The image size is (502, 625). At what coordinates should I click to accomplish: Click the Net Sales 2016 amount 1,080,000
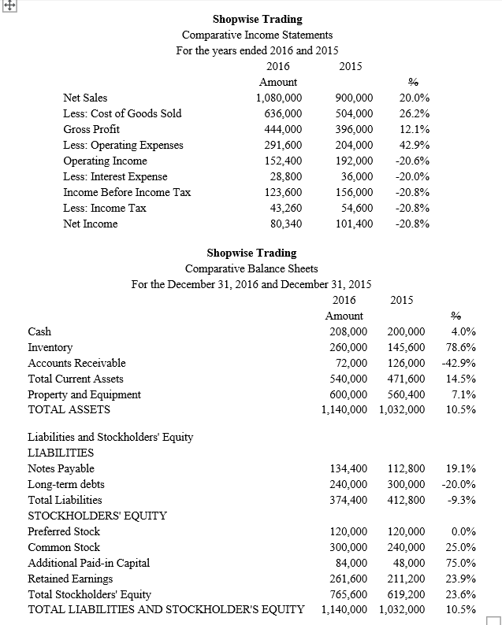tap(279, 98)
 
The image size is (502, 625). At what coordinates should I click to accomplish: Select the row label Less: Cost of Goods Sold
tap(122, 113)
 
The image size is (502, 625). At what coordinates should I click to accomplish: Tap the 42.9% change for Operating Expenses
tap(415, 145)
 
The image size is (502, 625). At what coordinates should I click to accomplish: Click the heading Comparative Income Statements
tap(257, 35)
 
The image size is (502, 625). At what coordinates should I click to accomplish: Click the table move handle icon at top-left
tap(6, 6)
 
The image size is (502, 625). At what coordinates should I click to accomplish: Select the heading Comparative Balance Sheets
tap(251, 268)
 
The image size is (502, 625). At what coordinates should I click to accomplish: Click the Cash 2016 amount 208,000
tap(348, 331)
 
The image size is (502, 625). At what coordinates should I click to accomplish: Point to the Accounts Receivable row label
tap(76, 363)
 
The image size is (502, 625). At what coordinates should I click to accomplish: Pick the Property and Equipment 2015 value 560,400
tap(407, 394)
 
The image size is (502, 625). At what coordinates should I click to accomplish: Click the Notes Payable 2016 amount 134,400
tap(348, 468)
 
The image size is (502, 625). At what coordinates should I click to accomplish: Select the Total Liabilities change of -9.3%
tap(459, 500)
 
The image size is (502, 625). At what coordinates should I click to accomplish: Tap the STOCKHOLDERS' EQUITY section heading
tap(97, 516)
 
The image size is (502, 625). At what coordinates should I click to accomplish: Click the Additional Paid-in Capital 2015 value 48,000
tap(410, 563)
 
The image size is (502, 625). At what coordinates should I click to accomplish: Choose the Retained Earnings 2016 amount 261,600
tap(348, 579)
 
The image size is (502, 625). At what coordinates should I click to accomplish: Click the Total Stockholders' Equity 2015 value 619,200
tap(407, 594)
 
